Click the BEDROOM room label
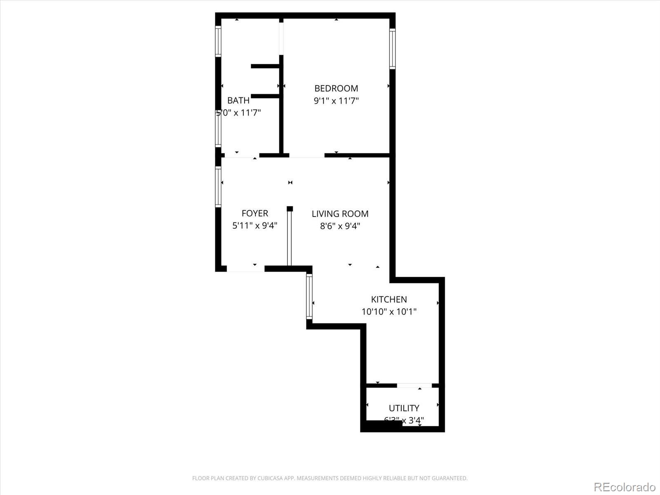click(336, 88)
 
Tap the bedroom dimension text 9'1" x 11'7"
click(336, 101)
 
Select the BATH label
click(238, 100)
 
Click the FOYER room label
click(255, 213)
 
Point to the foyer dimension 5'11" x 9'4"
click(255, 226)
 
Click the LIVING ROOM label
click(340, 214)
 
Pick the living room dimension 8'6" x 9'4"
click(340, 226)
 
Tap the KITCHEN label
click(389, 299)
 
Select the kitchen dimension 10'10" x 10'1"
click(389, 312)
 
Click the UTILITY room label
click(404, 408)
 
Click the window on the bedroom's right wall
click(392, 49)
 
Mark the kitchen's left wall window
click(309, 296)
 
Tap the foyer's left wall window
click(218, 186)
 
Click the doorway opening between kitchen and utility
click(414, 385)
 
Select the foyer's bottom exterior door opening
click(245, 269)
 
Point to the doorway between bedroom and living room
click(306, 156)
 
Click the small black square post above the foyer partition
click(290, 209)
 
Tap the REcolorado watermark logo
click(625, 487)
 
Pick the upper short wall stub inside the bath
click(265, 66)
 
